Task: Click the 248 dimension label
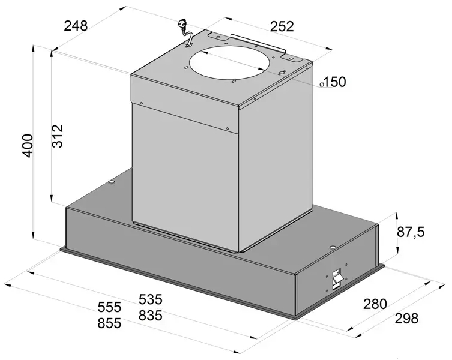click(x=76, y=26)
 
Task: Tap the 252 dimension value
click(x=282, y=26)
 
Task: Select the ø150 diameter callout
click(x=333, y=82)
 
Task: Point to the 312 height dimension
click(x=58, y=136)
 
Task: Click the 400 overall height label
click(x=28, y=146)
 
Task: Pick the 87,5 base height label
click(x=411, y=232)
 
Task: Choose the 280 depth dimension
click(x=375, y=304)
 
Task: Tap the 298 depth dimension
click(x=406, y=319)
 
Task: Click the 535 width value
click(x=151, y=299)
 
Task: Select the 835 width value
click(x=151, y=316)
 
